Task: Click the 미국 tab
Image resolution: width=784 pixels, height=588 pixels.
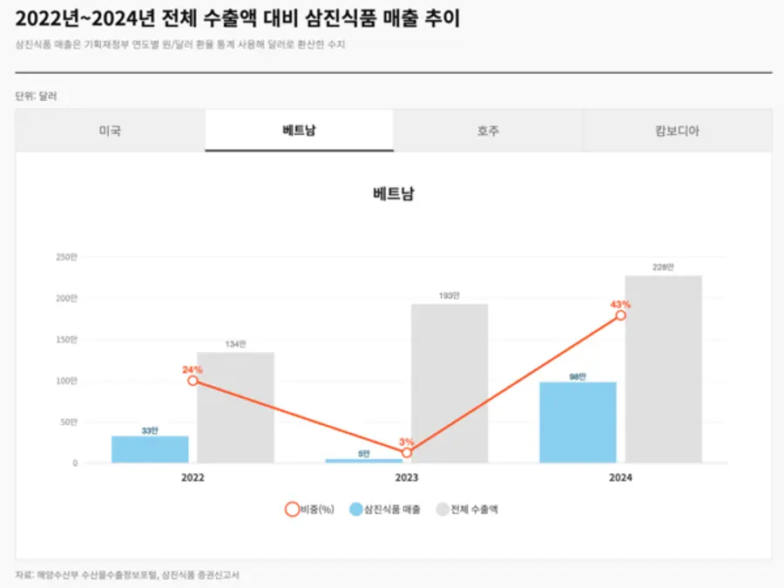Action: coord(110,131)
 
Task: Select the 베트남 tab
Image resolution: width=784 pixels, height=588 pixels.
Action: coord(299,131)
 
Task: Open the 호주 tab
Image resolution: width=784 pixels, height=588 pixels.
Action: coord(488,131)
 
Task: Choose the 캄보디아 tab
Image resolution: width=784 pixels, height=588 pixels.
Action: coord(677,131)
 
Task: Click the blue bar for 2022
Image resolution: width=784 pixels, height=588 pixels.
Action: coord(150,449)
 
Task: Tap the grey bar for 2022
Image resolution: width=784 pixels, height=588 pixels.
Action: coord(235,408)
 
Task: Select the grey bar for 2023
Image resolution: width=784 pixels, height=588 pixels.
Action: coord(449,383)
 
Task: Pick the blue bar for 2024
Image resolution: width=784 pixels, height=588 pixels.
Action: coord(578,422)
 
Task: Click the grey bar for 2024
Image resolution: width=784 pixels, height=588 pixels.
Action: coord(663,369)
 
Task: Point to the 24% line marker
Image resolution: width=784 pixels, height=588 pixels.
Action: coord(193,381)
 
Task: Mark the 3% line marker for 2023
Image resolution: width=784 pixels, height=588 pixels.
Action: coord(407,453)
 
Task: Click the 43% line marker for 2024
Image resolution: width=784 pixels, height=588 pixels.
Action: coord(620,315)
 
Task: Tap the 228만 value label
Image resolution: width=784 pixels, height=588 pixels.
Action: coord(663,267)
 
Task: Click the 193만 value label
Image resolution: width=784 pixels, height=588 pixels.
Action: coord(449,296)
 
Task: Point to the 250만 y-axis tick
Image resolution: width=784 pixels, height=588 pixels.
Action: coord(66,257)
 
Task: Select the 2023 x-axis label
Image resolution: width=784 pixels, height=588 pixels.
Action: coord(407,478)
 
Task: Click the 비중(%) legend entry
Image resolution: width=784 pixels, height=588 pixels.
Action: coord(310,510)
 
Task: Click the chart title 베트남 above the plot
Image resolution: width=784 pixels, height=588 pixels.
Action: coord(393,193)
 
